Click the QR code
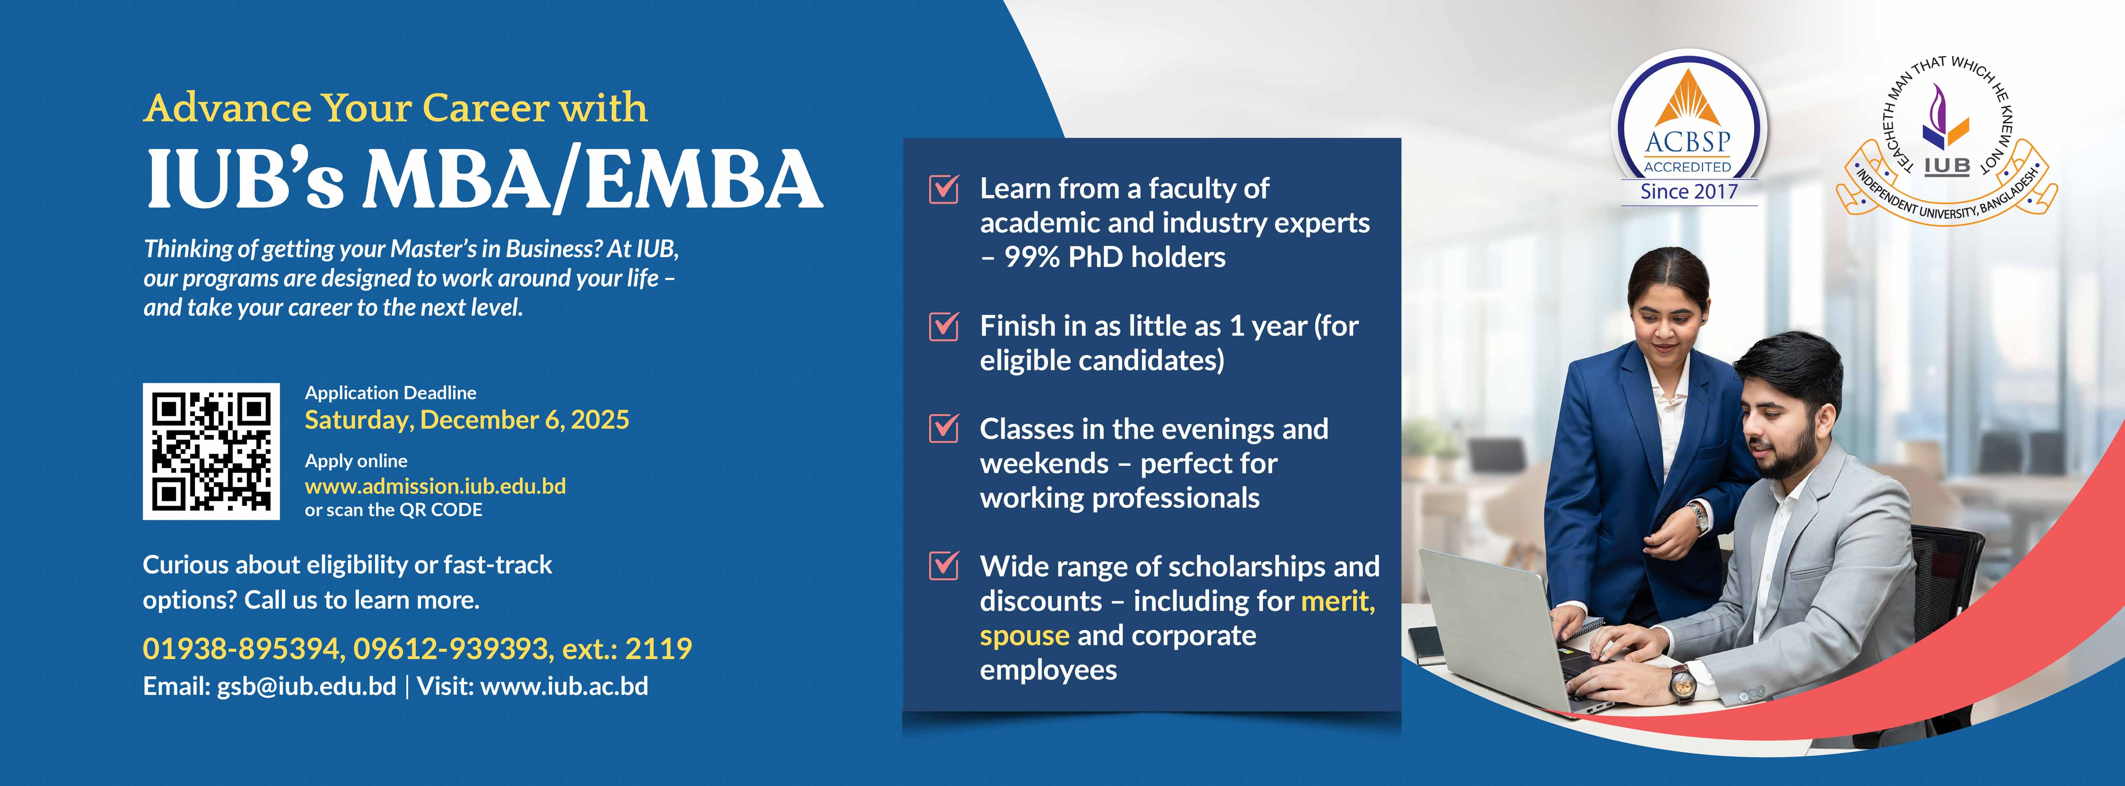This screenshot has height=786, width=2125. (x=211, y=451)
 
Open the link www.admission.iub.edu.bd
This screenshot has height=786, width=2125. (x=436, y=486)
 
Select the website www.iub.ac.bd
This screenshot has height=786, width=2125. (x=564, y=686)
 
